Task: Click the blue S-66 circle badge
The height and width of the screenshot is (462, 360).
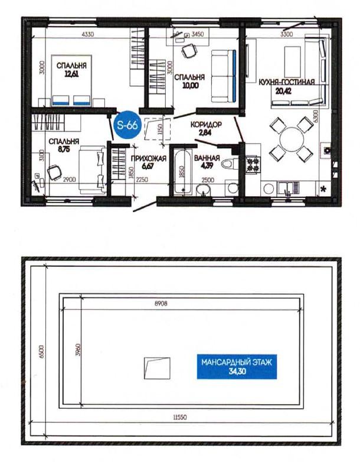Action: pos(127,125)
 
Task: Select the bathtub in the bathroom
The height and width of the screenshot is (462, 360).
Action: pos(182,173)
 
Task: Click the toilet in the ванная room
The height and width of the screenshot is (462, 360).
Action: pos(230,164)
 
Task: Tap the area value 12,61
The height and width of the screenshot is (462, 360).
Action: pos(71,74)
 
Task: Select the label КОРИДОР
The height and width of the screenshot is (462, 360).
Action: pos(206,125)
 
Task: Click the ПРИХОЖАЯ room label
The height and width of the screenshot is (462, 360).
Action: pos(148,158)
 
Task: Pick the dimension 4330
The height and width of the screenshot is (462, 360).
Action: pos(88,34)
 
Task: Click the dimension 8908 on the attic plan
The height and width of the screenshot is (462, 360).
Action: pos(161,304)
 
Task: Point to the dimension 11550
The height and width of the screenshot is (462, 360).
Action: pos(180,417)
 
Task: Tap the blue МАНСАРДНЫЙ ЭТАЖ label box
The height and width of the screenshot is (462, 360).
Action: pos(237,366)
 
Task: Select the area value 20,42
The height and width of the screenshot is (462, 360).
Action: pos(283,91)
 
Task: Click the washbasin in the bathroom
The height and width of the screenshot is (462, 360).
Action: pos(203,190)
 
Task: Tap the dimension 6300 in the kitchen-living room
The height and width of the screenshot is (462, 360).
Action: pos(315,117)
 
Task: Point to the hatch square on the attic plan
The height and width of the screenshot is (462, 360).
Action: pos(157,368)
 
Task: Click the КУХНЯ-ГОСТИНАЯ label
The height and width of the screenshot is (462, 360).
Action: pos(286,82)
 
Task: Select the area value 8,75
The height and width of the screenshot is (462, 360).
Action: pos(64,149)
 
